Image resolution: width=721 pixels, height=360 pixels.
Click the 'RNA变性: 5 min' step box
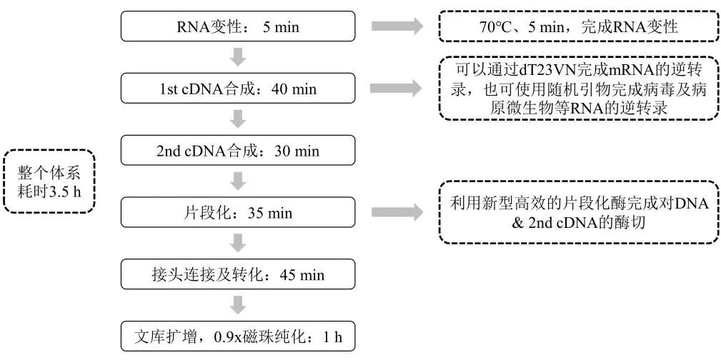coord(238,28)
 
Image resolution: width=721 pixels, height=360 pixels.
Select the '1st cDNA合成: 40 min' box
coord(238,90)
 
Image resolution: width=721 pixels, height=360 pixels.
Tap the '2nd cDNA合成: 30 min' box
coord(238,151)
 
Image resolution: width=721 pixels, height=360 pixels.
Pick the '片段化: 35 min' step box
coord(238,213)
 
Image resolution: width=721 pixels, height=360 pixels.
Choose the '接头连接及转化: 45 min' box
coord(238,275)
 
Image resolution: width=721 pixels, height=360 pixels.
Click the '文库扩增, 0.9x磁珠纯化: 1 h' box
coord(238,336)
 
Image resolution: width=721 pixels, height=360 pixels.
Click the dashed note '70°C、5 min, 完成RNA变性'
coord(578,28)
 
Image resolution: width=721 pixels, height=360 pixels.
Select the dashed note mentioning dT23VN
coord(578,88)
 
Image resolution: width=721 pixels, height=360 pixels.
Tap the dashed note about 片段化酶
coord(578,212)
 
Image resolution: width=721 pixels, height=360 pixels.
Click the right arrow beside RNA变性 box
coord(397,28)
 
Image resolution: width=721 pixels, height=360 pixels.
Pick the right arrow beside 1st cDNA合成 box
coord(397,89)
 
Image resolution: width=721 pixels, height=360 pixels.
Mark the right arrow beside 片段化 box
coord(397,212)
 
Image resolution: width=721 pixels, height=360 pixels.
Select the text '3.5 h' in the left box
coord(69,191)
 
